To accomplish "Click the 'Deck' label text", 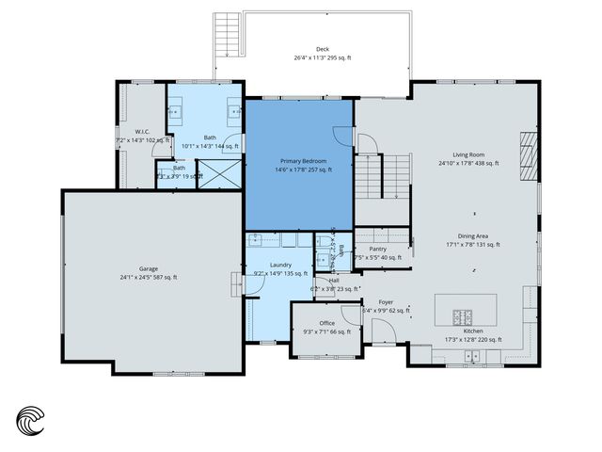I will tap(323, 49).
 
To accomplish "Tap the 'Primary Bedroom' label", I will tap(302, 161).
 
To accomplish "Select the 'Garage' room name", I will tap(149, 269).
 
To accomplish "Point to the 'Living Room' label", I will tap(467, 154).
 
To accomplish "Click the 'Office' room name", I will tap(326, 323).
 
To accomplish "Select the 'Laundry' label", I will tap(280, 266).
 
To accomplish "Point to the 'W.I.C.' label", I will tap(141, 132).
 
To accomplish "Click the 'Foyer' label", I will tap(385, 303).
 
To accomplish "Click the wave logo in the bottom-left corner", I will tap(31, 418).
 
